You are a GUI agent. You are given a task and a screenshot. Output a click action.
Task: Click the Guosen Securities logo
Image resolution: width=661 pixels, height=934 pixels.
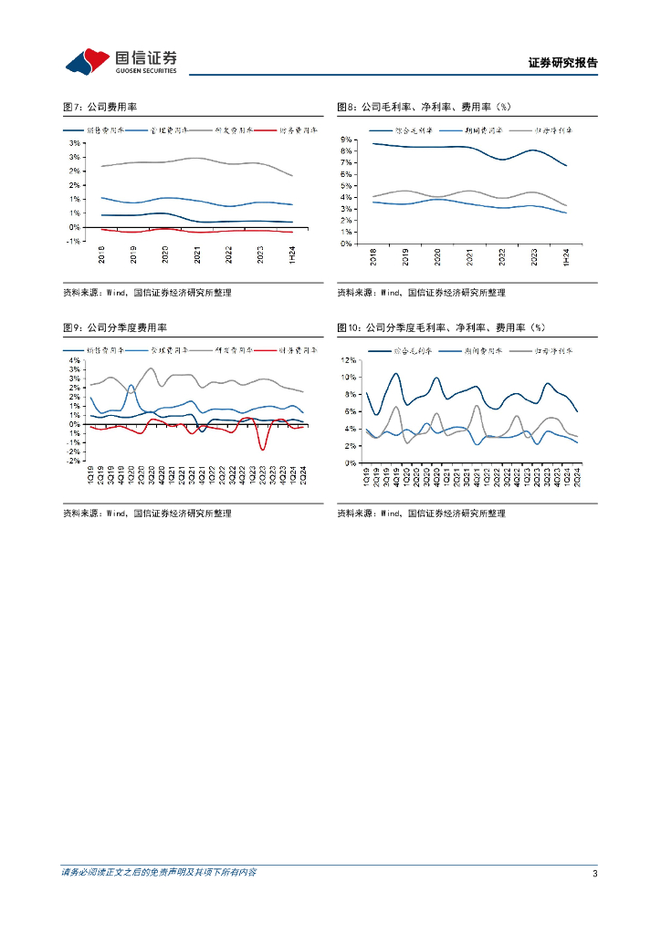[x=121, y=61]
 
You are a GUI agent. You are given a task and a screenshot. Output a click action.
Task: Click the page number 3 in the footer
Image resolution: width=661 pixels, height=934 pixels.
[x=594, y=874]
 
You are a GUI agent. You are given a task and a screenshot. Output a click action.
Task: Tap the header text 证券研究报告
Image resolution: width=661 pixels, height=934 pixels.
[x=563, y=63]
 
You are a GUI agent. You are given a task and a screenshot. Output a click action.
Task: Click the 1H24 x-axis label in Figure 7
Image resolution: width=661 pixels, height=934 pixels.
[x=291, y=257]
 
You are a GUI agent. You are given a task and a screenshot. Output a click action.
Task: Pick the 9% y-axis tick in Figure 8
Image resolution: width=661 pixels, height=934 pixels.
[x=348, y=139]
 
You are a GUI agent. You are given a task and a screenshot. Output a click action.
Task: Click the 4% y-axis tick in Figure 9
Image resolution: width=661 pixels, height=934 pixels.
[x=75, y=360]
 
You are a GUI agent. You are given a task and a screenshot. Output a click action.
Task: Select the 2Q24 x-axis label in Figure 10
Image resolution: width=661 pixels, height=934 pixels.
[x=577, y=477]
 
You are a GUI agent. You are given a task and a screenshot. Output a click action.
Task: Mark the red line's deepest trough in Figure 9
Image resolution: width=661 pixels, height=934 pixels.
[x=263, y=450]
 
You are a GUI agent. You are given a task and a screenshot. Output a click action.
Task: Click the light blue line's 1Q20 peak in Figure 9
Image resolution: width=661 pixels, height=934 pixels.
[x=131, y=386]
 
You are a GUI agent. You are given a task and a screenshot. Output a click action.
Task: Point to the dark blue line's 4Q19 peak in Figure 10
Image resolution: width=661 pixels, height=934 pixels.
[x=396, y=373]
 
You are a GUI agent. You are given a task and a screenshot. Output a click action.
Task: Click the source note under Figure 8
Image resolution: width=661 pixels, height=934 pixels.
[x=421, y=293]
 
